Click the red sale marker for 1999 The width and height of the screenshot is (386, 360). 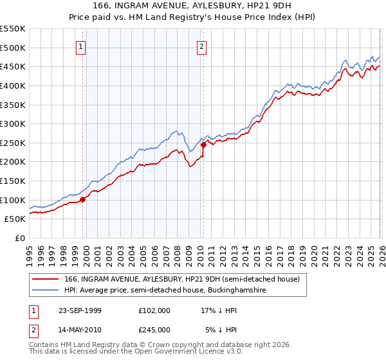(82, 199)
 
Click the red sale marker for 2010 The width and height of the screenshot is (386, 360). (203, 145)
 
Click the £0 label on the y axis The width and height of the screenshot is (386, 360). (20, 239)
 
